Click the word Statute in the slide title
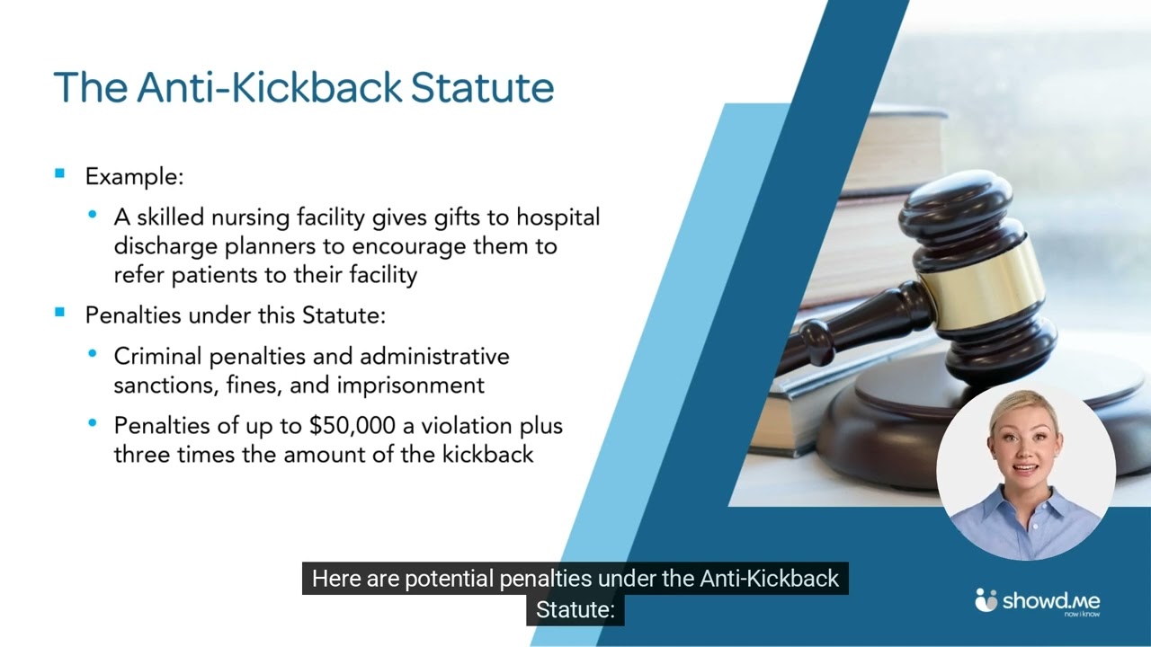click(x=483, y=87)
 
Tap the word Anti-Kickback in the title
click(x=269, y=87)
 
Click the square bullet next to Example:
click(x=59, y=173)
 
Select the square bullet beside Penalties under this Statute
click(x=59, y=312)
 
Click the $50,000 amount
click(x=352, y=426)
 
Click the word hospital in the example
click(x=558, y=217)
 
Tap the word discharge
click(x=165, y=247)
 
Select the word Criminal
click(x=157, y=357)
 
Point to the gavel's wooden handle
click(x=853, y=332)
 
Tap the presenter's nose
click(x=1023, y=451)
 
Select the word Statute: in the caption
click(x=575, y=610)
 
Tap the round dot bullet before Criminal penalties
click(x=93, y=353)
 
